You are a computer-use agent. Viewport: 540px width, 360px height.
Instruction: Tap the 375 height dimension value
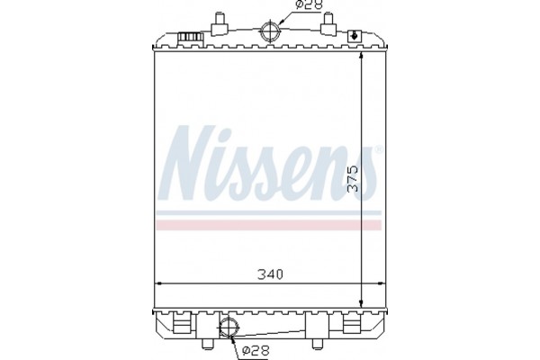click(x=354, y=180)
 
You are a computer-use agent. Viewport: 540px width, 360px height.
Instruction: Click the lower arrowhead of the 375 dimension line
click(x=362, y=302)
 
